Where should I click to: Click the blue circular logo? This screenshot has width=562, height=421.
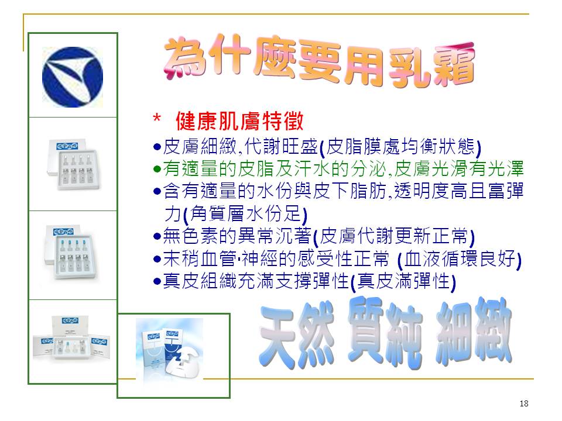click(73, 77)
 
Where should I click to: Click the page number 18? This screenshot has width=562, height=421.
click(523, 403)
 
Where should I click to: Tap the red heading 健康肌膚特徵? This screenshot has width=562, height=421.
click(239, 121)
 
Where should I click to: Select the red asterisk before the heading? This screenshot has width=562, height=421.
click(157, 118)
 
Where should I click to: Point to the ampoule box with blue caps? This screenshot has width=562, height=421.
click(71, 252)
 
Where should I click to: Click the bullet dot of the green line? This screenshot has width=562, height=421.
click(157, 169)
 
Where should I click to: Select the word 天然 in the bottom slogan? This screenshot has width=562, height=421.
click(297, 334)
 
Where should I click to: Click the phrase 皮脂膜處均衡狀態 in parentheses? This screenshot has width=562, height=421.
click(400, 146)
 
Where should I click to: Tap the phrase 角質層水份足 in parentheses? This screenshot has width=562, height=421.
click(245, 214)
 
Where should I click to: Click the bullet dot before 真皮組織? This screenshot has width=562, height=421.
click(157, 281)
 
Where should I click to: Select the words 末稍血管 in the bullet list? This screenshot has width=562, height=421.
click(200, 258)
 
